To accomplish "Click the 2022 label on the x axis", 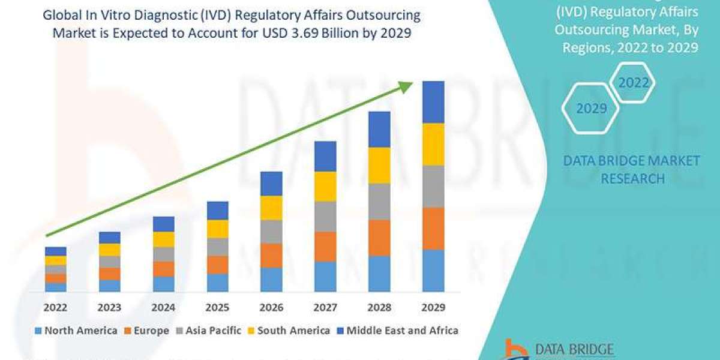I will (x=55, y=307).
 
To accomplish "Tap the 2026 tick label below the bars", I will (x=271, y=307).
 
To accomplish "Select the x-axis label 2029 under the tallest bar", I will (x=433, y=307).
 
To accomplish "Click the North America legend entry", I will (x=76, y=331).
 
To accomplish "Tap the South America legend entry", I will (x=289, y=331).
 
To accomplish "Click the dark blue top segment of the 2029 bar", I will (x=433, y=102).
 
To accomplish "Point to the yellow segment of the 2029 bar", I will (x=433, y=144).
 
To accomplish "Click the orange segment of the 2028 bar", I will (x=379, y=238).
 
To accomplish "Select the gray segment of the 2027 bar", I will (x=325, y=216).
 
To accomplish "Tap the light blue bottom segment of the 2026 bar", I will (x=271, y=280).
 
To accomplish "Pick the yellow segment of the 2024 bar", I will (x=163, y=239).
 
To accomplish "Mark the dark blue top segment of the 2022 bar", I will (x=55, y=251).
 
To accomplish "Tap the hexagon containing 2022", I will (x=634, y=83).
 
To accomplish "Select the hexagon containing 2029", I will (x=591, y=109).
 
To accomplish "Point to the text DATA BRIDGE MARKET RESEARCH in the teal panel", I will (x=632, y=169).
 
